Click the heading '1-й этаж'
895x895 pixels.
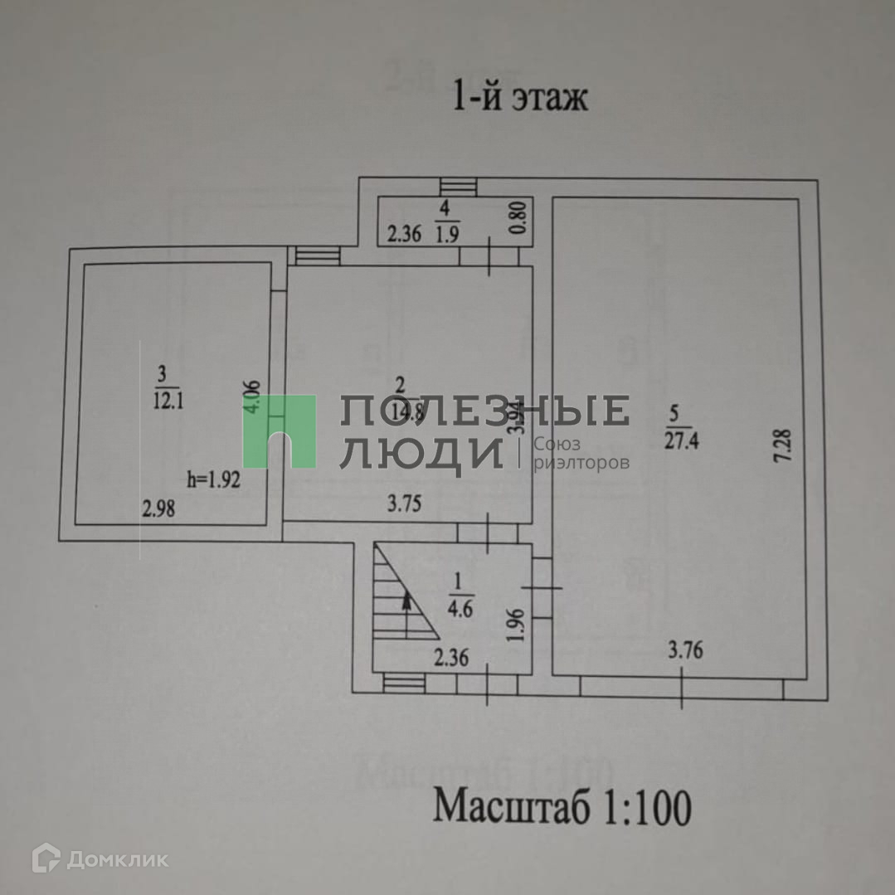pyautogui.click(x=519, y=98)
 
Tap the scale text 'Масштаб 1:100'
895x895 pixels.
pyautogui.click(x=562, y=807)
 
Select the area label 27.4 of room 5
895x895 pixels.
pyautogui.click(x=681, y=440)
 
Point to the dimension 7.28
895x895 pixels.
pyautogui.click(x=786, y=450)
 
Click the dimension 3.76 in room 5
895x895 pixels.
pyautogui.click(x=685, y=650)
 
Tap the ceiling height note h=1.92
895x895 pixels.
pyautogui.click(x=214, y=479)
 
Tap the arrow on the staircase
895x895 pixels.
pyautogui.click(x=406, y=614)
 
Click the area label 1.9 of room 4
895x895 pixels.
pyautogui.click(x=448, y=235)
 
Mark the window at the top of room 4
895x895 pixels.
pyautogui.click(x=459, y=187)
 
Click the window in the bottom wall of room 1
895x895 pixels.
pyautogui.click(x=402, y=682)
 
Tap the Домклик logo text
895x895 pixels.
pyautogui.click(x=116, y=860)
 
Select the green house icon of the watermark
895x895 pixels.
pyautogui.click(x=279, y=430)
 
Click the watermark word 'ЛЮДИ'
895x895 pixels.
pyautogui.click(x=421, y=453)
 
